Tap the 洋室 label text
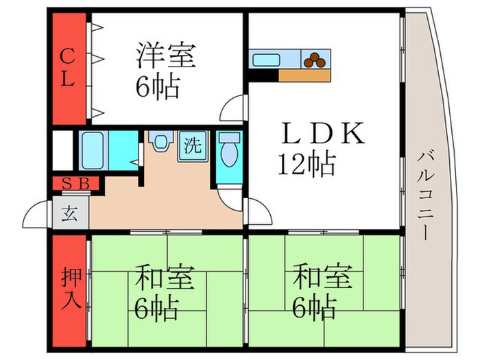point(166,55)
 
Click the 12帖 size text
point(306,165)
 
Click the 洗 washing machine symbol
point(191,146)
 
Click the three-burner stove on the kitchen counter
point(316,60)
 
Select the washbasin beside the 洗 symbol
point(160,142)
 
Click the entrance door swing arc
point(36,216)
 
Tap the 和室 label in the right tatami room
point(322,278)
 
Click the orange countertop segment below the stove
point(304,75)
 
